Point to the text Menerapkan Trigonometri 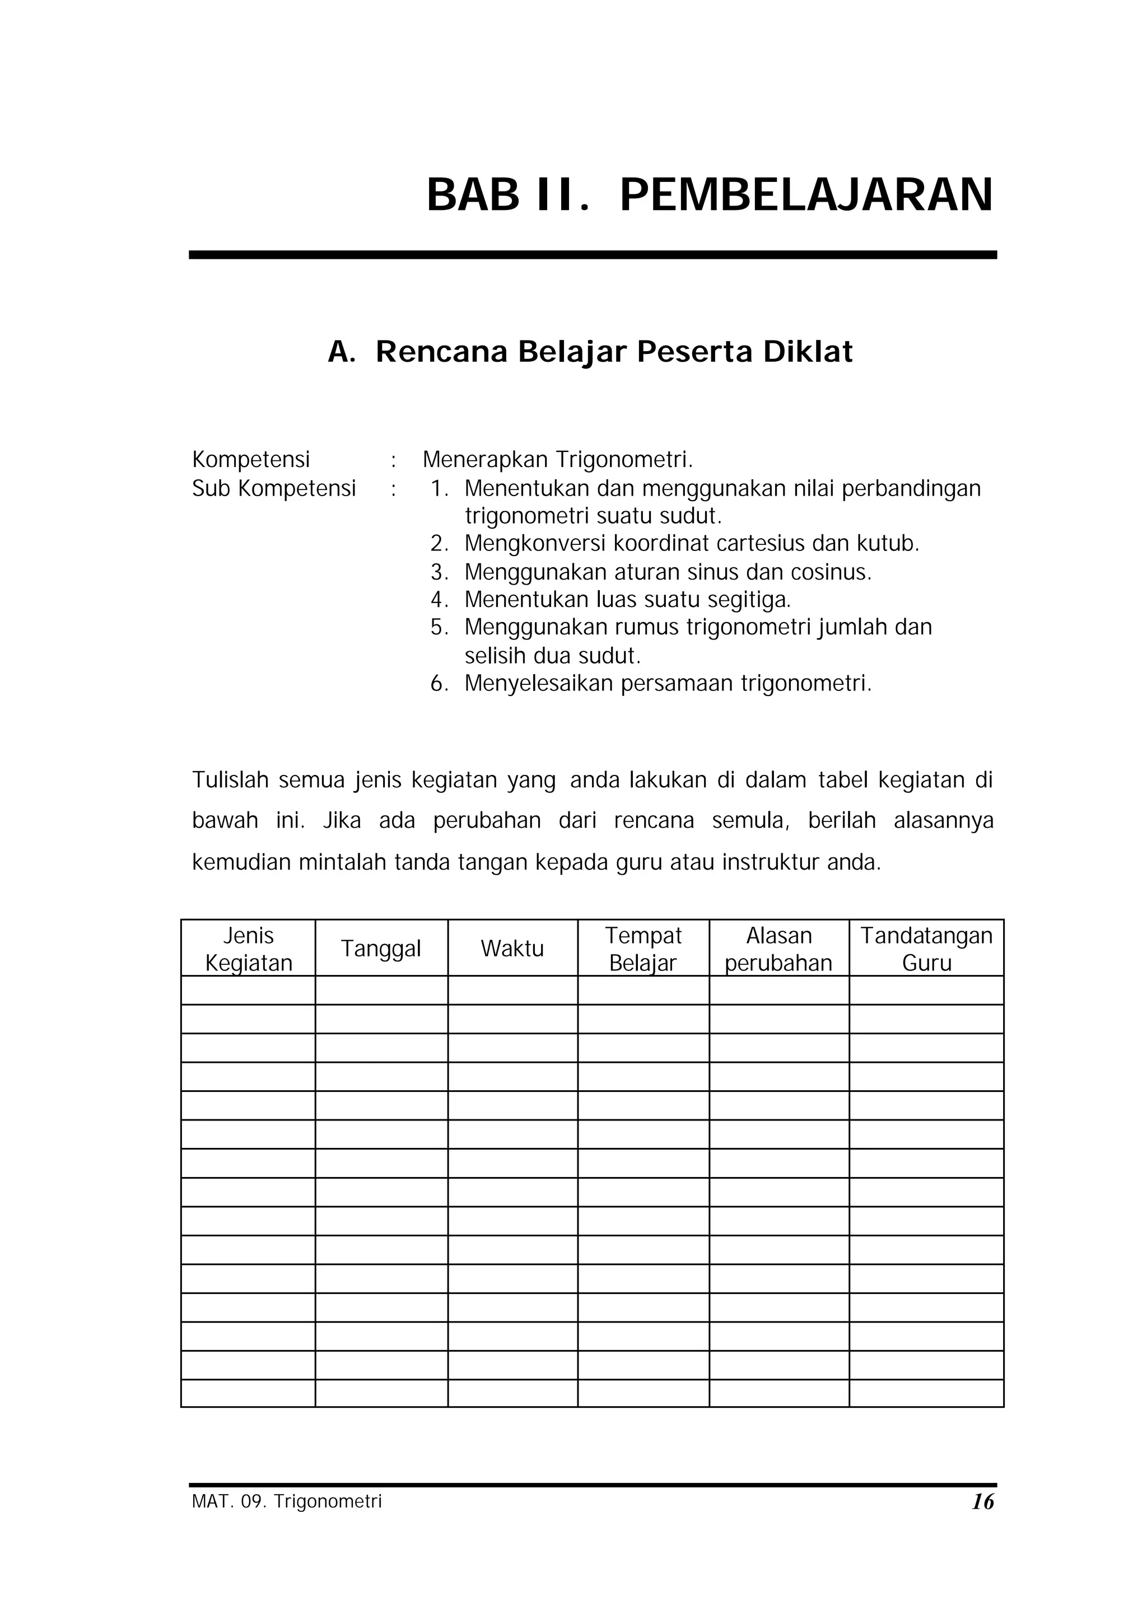click(558, 460)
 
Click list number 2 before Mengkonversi click(439, 544)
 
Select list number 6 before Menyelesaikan click(439, 684)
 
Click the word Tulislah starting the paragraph click(230, 781)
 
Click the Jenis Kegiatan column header click(249, 949)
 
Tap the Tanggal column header click(381, 949)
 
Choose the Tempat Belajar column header click(643, 949)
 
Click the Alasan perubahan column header click(778, 949)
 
